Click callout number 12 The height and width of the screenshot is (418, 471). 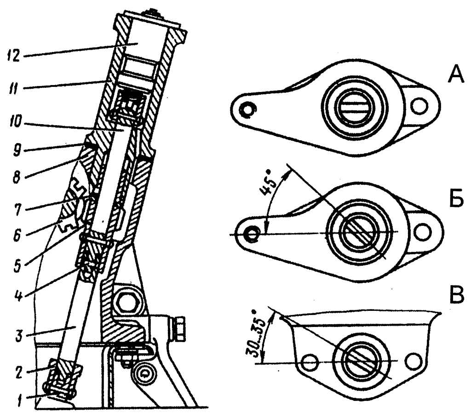(13, 55)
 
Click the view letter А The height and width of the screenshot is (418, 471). (456, 75)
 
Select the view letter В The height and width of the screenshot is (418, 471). (457, 296)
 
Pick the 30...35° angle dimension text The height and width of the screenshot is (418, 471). (256, 333)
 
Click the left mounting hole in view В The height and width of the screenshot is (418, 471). (310, 363)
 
